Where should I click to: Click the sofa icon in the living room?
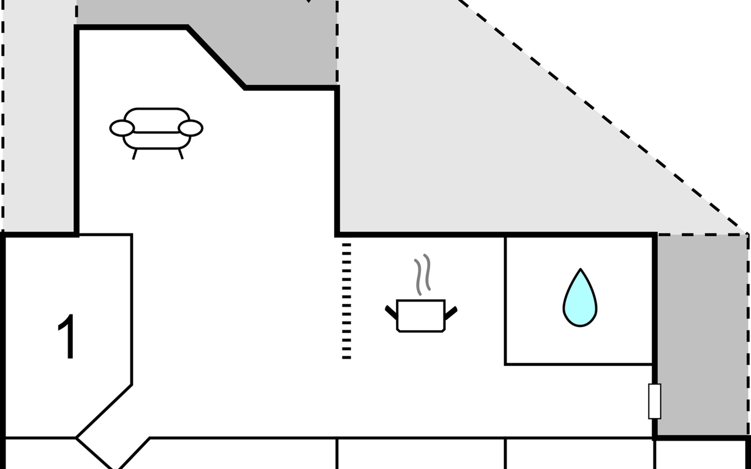point(156,129)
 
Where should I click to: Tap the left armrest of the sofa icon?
point(122,128)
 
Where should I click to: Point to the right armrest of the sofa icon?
point(190,128)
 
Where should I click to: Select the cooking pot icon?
point(421,316)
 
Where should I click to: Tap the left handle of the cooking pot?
point(391,312)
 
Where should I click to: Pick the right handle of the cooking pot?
point(451,312)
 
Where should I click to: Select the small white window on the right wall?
point(654,401)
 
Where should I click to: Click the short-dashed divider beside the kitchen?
point(347,301)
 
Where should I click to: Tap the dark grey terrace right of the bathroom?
point(702,336)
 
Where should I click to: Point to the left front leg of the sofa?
point(135,154)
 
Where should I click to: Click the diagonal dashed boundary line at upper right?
point(602,117)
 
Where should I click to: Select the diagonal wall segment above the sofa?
point(216,57)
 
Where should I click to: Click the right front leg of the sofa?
point(181,154)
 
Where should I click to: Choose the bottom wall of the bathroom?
point(579,364)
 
